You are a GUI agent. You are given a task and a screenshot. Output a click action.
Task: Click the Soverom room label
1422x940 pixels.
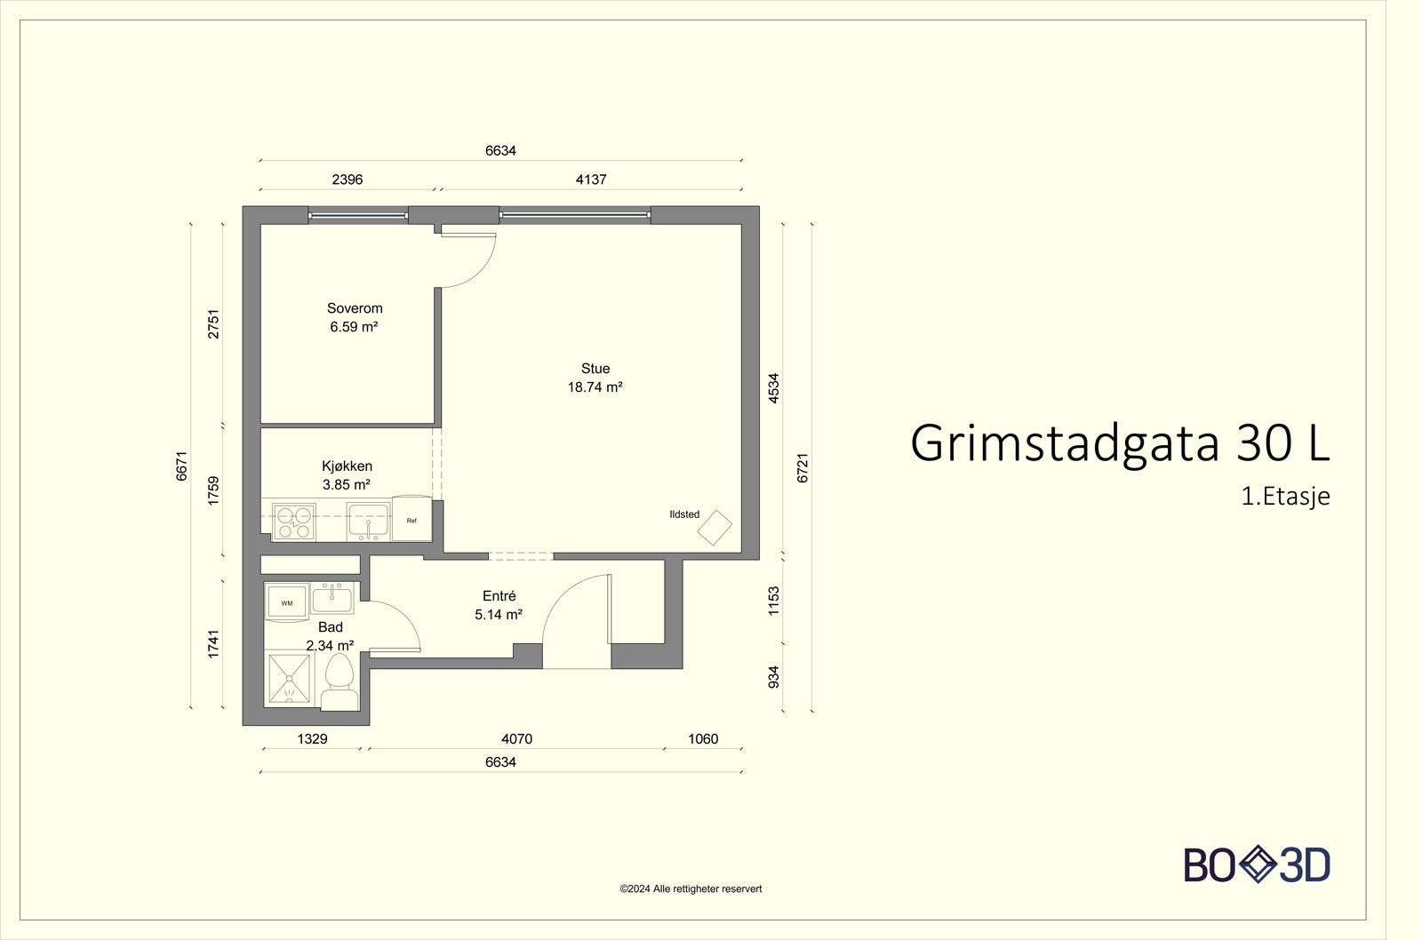point(355,308)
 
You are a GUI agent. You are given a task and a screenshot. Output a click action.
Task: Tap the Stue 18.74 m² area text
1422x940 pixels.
point(595,386)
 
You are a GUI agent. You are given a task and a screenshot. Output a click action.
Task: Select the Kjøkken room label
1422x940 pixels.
point(347,466)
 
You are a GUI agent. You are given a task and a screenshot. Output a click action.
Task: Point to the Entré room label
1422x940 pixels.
point(499,596)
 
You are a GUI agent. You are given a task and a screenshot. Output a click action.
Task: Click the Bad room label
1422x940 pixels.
point(330,627)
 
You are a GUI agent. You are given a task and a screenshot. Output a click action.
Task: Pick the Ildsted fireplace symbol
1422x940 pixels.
point(715,528)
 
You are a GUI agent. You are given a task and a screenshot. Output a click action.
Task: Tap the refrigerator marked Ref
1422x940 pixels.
point(411,521)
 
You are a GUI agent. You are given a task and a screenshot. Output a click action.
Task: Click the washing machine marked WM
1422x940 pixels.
point(287,602)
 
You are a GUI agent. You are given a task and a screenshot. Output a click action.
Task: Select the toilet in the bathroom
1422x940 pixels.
point(339,680)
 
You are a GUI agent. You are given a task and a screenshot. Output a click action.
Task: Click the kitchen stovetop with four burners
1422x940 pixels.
point(293,522)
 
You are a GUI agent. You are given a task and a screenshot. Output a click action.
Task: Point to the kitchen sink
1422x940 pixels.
point(367,522)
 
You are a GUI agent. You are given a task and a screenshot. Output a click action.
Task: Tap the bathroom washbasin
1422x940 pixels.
point(332,598)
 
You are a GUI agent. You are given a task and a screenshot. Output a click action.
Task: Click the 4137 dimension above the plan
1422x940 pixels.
point(591,179)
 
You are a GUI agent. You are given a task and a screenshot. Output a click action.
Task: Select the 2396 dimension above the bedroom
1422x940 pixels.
point(348,179)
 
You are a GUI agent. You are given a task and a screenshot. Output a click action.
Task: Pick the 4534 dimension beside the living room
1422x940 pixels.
point(773,388)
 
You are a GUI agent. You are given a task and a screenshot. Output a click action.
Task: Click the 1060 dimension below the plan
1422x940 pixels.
point(703,738)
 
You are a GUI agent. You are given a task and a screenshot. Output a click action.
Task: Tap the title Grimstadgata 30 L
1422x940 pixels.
point(1119,442)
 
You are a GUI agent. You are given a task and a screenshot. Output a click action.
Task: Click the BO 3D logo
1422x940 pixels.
point(1257,864)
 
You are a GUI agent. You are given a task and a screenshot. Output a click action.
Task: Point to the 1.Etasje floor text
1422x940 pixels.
point(1285,496)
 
